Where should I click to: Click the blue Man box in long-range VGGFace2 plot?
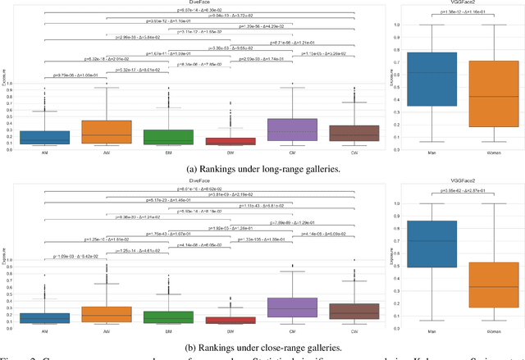click(x=431, y=79)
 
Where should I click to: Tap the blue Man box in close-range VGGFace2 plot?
click(x=431, y=244)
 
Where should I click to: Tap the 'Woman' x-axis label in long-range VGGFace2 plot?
click(x=493, y=154)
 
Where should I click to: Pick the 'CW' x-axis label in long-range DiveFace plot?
click(x=352, y=153)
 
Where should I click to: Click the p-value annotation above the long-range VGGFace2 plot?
click(x=462, y=12)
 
